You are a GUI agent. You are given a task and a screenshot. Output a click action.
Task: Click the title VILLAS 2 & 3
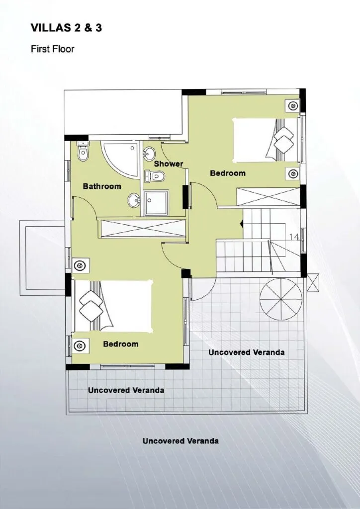(x=66, y=28)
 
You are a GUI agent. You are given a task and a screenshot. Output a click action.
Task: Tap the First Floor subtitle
(x=53, y=49)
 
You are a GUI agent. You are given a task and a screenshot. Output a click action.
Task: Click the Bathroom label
(x=102, y=186)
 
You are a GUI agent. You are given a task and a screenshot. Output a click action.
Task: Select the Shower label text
(x=169, y=164)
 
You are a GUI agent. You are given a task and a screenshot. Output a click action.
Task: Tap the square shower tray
(x=156, y=203)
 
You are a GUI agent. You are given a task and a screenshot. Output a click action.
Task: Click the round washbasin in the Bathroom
(x=134, y=200)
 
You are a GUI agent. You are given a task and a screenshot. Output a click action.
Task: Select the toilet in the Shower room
(x=155, y=176)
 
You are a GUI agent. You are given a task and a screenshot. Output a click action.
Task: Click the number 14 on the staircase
(x=294, y=237)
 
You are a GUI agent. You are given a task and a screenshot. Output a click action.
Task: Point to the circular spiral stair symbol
(x=281, y=299)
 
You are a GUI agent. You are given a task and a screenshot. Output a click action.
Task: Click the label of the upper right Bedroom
(x=228, y=173)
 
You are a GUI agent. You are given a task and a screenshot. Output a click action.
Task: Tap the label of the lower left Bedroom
(x=121, y=344)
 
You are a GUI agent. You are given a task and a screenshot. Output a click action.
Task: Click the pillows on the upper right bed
(x=284, y=140)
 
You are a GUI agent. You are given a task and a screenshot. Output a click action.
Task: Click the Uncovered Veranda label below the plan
(x=180, y=441)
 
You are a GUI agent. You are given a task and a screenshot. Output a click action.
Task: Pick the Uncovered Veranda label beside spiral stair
(x=247, y=352)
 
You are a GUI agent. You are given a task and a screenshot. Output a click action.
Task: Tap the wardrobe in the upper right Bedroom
(x=269, y=196)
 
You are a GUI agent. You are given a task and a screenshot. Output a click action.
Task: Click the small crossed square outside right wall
(x=313, y=282)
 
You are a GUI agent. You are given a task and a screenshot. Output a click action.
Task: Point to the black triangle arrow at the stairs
(x=241, y=224)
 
